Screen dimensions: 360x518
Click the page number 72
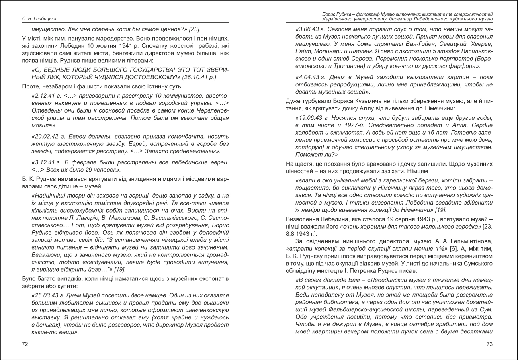point(25,344)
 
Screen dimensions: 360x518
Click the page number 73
point(489,344)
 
